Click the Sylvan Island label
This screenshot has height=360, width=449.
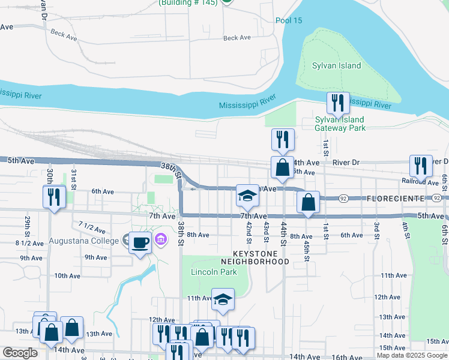337,65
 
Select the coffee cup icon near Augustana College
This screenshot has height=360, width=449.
140,243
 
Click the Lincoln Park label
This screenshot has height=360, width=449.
209,272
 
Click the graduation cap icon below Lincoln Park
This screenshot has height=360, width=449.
223,299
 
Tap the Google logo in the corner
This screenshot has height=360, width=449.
20,353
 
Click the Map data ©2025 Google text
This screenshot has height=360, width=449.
412,355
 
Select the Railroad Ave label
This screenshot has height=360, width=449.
420,181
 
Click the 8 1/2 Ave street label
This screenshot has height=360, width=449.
29,244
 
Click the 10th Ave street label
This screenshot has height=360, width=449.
67,276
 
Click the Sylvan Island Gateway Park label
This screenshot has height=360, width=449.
340,124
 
